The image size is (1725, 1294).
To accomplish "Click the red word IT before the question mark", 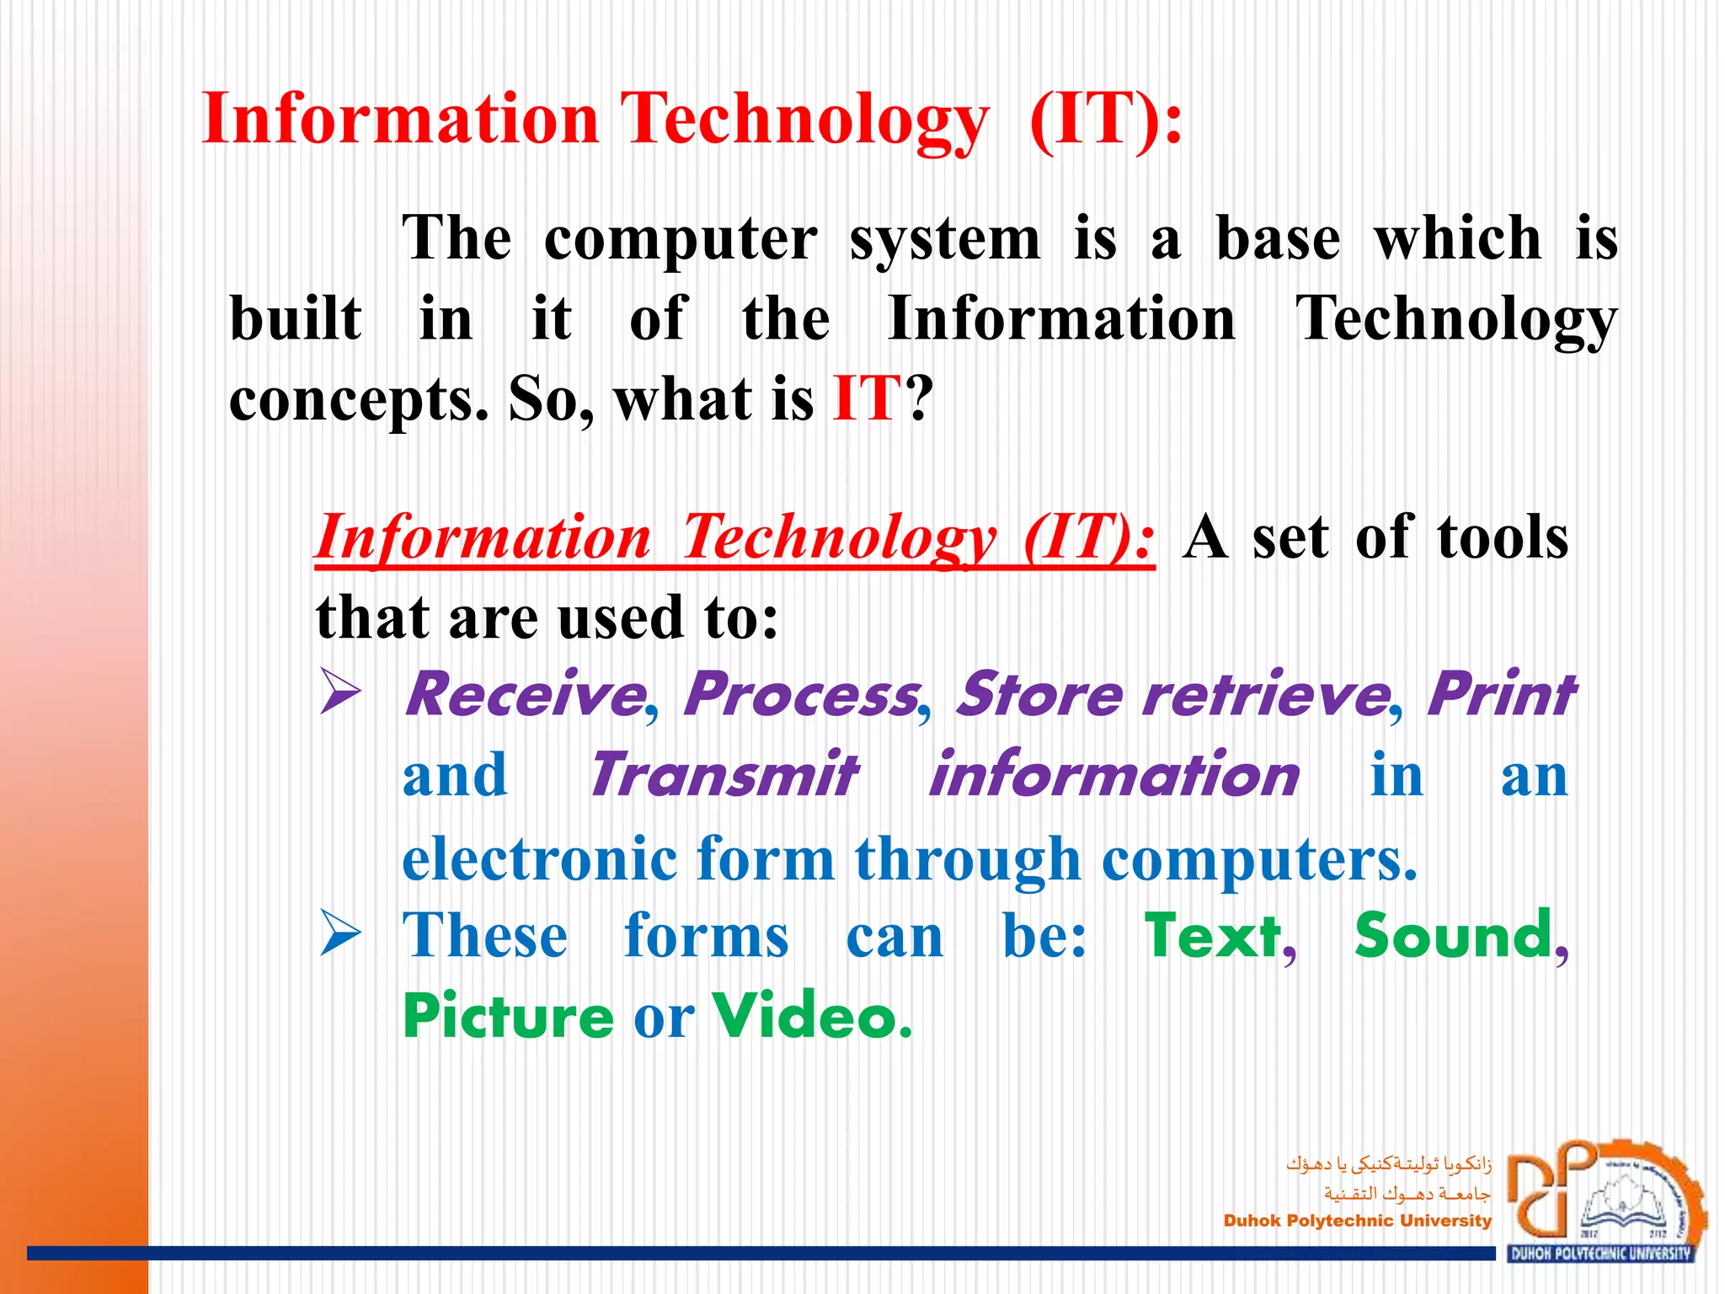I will pyautogui.click(x=867, y=398).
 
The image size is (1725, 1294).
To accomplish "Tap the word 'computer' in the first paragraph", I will pyautogui.click(x=681, y=240).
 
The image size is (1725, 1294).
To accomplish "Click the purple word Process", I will pyautogui.click(x=801, y=695).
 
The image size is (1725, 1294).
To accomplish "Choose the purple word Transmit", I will pyautogui.click(x=723, y=775).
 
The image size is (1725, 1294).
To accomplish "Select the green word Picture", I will pyautogui.click(x=509, y=1017).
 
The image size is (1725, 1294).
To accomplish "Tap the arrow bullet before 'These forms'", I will pyautogui.click(x=341, y=937).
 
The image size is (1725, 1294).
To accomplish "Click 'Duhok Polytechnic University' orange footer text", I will pyautogui.click(x=1357, y=1221).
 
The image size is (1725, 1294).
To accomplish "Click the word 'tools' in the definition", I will pyautogui.click(x=1502, y=537).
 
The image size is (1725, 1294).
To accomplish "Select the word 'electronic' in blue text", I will pyautogui.click(x=540, y=858).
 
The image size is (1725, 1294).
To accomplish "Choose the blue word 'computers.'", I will pyautogui.click(x=1259, y=860).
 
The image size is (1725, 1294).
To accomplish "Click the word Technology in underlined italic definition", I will pyautogui.click(x=839, y=537).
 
